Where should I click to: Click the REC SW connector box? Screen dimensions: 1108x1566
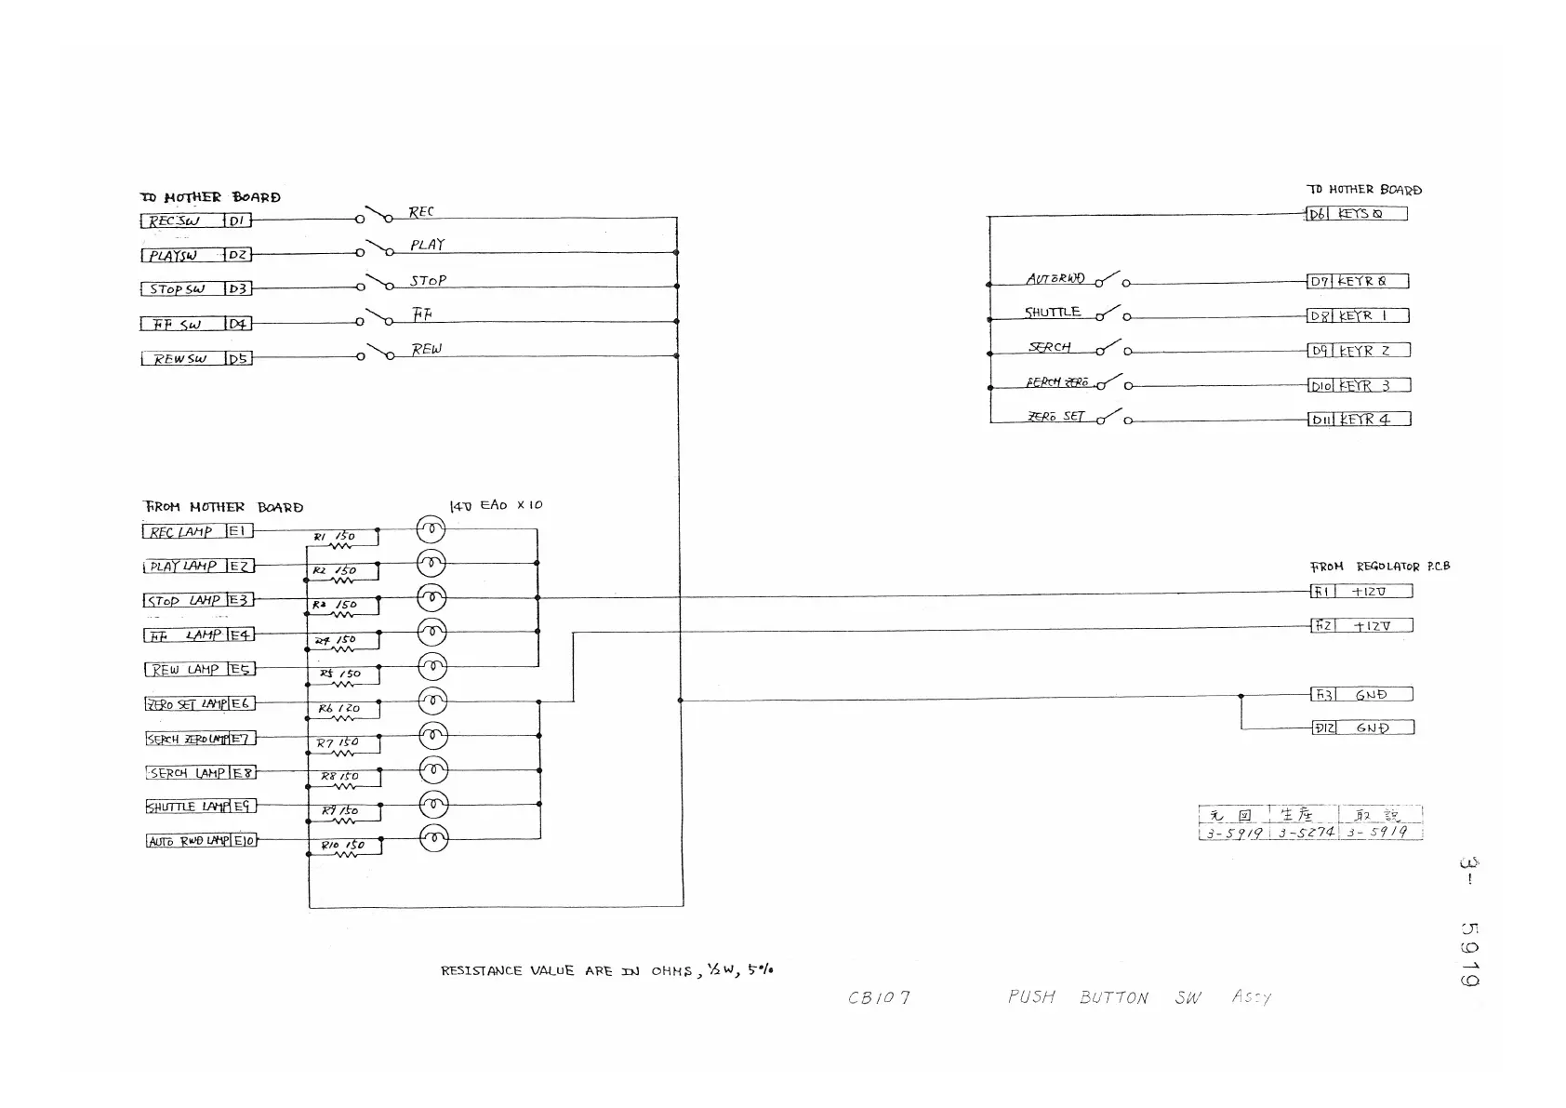tap(182, 220)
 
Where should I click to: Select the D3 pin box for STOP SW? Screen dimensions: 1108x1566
tap(238, 289)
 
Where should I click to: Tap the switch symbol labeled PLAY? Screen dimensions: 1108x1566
tap(376, 249)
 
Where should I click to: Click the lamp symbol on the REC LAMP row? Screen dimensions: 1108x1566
tap(431, 529)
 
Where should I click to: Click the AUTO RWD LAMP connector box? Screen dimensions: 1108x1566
tap(188, 841)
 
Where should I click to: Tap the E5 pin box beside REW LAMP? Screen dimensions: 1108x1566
tap(240, 670)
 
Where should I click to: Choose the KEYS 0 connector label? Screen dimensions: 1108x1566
tap(1370, 214)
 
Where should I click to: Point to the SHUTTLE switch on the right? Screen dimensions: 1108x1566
tap(1110, 314)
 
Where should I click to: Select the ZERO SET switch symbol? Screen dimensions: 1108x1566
tap(1112, 418)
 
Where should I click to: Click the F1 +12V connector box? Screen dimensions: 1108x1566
tap(1361, 592)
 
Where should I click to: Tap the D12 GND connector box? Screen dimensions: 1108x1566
tap(1362, 728)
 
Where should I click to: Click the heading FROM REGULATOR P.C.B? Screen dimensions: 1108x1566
tap(1379, 567)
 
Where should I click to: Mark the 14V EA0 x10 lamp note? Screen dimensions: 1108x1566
tap(496, 505)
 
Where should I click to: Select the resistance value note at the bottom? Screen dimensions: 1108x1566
tap(606, 970)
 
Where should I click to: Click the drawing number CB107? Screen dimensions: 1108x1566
tap(878, 998)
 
